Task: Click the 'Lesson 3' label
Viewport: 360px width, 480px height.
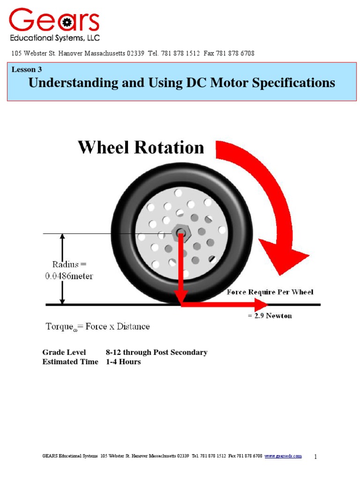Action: [x=27, y=69]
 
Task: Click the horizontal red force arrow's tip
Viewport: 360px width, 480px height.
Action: [x=263, y=304]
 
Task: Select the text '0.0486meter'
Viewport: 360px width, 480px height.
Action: [x=69, y=276]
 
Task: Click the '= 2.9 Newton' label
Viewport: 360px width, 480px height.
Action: [x=270, y=316]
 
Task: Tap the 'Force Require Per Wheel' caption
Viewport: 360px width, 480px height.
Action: [x=270, y=292]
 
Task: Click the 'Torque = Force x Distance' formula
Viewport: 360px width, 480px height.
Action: [x=97, y=326]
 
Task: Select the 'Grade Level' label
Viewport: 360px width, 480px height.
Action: [x=64, y=352]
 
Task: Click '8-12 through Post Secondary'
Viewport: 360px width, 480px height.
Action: [x=157, y=352]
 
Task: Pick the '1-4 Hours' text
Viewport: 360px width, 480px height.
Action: [x=123, y=362]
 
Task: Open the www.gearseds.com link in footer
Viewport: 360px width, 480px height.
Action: [x=283, y=456]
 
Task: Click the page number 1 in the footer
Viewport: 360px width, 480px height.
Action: [x=315, y=457]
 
